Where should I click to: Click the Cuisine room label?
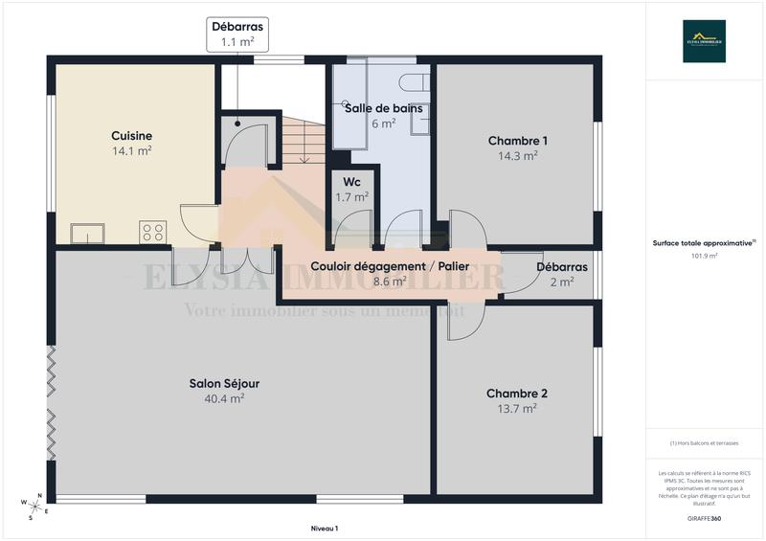coord(131,136)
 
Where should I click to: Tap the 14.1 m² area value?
coord(131,150)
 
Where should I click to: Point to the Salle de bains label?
coord(377,108)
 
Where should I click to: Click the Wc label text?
coord(351,182)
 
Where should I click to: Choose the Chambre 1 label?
coord(517,141)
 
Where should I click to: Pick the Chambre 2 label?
coord(517,394)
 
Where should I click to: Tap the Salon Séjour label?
coord(224,384)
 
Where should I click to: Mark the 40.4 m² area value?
coord(224,398)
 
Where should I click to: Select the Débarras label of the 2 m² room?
coord(562,267)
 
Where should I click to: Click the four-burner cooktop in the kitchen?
coord(153,232)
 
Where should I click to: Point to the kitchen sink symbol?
coord(87,233)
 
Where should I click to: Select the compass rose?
coord(34,504)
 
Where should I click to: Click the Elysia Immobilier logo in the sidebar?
coord(704,41)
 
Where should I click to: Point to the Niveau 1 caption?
coord(325,528)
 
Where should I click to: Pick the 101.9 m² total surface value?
coord(704,256)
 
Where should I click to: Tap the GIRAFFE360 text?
coord(704,517)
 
